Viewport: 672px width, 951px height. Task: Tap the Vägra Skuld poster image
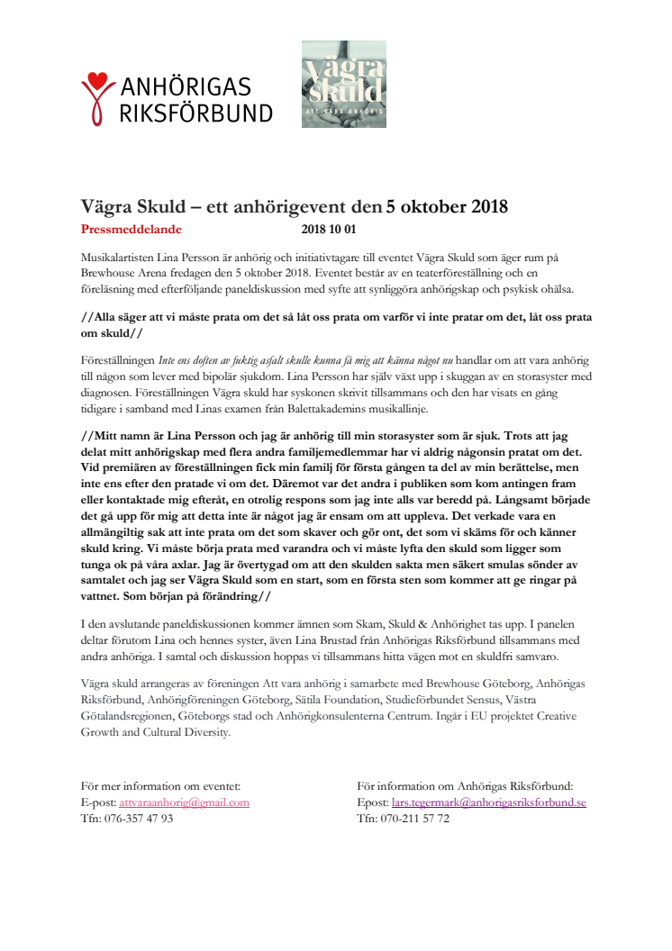pyautogui.click(x=343, y=83)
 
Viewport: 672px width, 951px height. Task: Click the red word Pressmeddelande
pyautogui.click(x=131, y=230)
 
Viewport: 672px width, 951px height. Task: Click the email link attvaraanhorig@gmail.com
pyautogui.click(x=184, y=802)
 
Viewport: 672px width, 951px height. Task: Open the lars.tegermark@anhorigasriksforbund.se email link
pyautogui.click(x=489, y=802)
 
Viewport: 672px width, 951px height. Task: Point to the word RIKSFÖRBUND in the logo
pyautogui.click(x=196, y=113)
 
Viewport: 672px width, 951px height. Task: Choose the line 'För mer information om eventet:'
pyautogui.click(x=160, y=786)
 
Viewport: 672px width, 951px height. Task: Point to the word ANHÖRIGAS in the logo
pyautogui.click(x=186, y=87)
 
